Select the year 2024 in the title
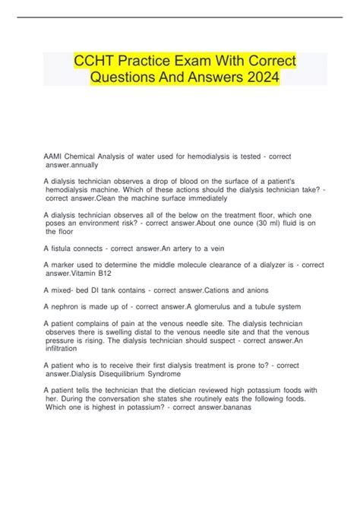[x=256, y=79]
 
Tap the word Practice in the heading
[x=150, y=62]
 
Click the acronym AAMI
[x=54, y=156]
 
